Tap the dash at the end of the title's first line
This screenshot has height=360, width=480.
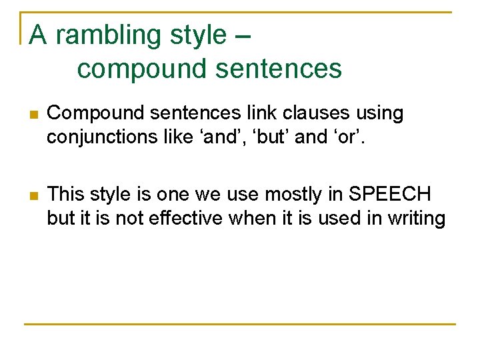(243, 36)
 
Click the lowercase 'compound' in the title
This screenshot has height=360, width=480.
(131, 69)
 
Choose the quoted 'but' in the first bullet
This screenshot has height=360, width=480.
(267, 137)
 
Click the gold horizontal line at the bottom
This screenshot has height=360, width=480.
(240, 324)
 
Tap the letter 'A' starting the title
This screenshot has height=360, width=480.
(39, 35)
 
